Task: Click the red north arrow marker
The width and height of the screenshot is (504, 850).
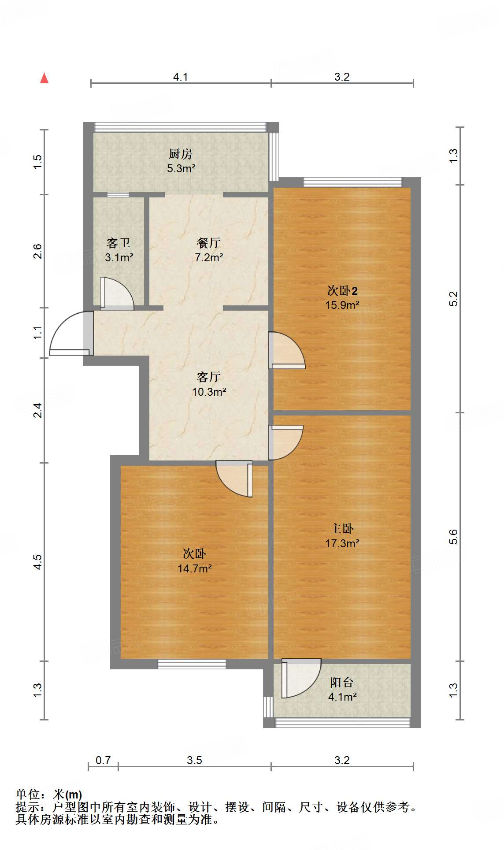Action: click(44, 78)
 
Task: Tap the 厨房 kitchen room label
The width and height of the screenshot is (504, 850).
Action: click(181, 154)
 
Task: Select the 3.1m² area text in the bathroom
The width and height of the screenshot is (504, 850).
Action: click(119, 257)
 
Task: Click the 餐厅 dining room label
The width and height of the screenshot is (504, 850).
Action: click(209, 243)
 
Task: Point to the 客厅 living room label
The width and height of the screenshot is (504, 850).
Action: click(209, 377)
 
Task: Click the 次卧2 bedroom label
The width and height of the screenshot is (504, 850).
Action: click(342, 290)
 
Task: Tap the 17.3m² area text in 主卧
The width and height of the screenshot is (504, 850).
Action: click(342, 543)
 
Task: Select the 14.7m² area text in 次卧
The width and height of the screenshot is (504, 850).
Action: click(194, 568)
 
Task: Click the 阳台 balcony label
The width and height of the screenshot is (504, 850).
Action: click(342, 683)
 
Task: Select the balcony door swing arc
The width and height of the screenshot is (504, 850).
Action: click(301, 678)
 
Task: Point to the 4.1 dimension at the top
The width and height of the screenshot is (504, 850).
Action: click(180, 77)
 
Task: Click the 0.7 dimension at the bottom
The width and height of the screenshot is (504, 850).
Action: click(103, 760)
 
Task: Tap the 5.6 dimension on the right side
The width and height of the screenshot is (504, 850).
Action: click(454, 537)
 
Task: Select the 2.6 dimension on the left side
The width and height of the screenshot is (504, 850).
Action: click(38, 251)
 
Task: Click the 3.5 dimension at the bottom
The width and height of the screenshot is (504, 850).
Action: click(194, 760)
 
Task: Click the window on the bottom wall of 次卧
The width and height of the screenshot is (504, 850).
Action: click(192, 664)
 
